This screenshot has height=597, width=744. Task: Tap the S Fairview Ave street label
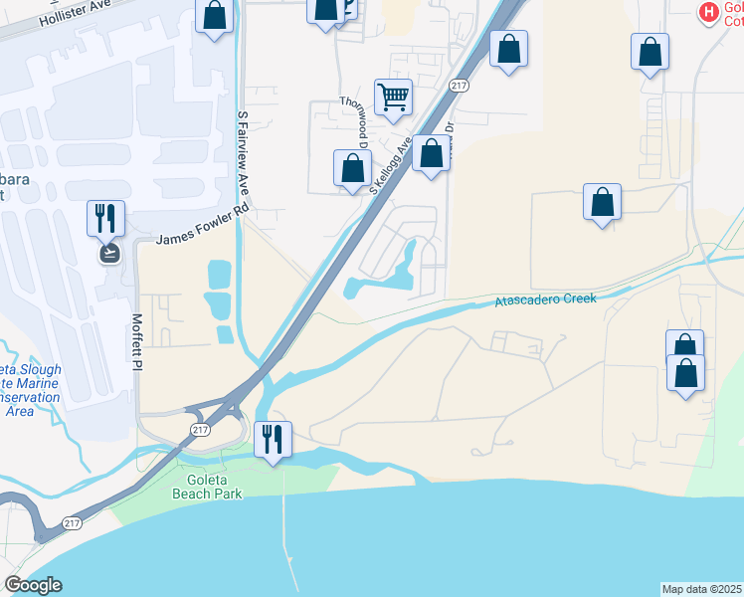coord(242,154)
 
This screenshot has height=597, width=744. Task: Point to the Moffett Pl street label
coord(136,343)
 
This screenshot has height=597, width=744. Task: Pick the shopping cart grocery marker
coord(393,98)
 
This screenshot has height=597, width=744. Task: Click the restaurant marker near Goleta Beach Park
coord(272,438)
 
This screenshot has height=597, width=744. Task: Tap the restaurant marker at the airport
coord(105,218)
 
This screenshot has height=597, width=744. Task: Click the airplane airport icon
coord(108,253)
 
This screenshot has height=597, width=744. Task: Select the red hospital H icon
coord(708,12)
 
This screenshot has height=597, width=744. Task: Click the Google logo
coord(33,585)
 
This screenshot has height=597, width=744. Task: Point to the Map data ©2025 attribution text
coord(702,589)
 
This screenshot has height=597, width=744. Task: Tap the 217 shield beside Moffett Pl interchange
coord(200,426)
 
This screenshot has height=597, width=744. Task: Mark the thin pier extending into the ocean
coord(287,537)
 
